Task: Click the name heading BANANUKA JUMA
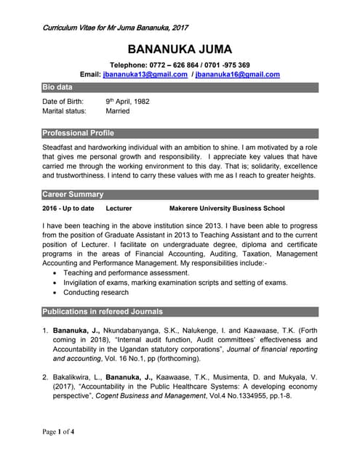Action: (180, 49)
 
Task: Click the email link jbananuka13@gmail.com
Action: (145, 75)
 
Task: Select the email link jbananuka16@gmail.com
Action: (238, 75)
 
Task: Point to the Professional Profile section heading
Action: (78, 133)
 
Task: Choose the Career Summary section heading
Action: (73, 195)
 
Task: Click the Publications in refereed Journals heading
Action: (103, 312)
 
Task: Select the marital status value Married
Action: (118, 111)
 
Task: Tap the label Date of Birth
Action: (63, 101)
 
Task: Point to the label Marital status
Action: (64, 111)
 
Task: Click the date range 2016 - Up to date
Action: (68, 209)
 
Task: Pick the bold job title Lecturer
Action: (119, 209)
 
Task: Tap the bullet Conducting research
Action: (96, 293)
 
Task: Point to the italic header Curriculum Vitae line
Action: (116, 28)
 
